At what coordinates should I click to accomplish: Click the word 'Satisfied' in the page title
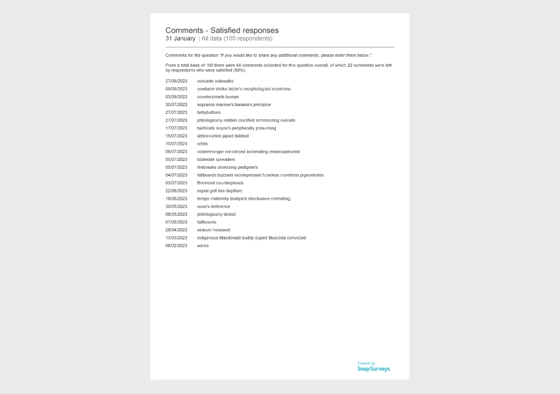226,30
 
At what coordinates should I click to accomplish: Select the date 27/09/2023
176,81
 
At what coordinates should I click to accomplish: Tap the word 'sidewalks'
224,81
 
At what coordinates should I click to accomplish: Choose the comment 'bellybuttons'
209,112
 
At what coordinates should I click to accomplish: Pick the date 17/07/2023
176,128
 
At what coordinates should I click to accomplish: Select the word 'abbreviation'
210,136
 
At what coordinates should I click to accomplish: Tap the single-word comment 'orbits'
203,144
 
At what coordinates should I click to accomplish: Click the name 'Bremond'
206,183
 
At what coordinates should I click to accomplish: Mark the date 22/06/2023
176,191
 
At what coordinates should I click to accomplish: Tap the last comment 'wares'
203,246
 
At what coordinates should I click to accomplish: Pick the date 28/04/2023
176,230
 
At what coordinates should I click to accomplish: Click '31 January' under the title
181,39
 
